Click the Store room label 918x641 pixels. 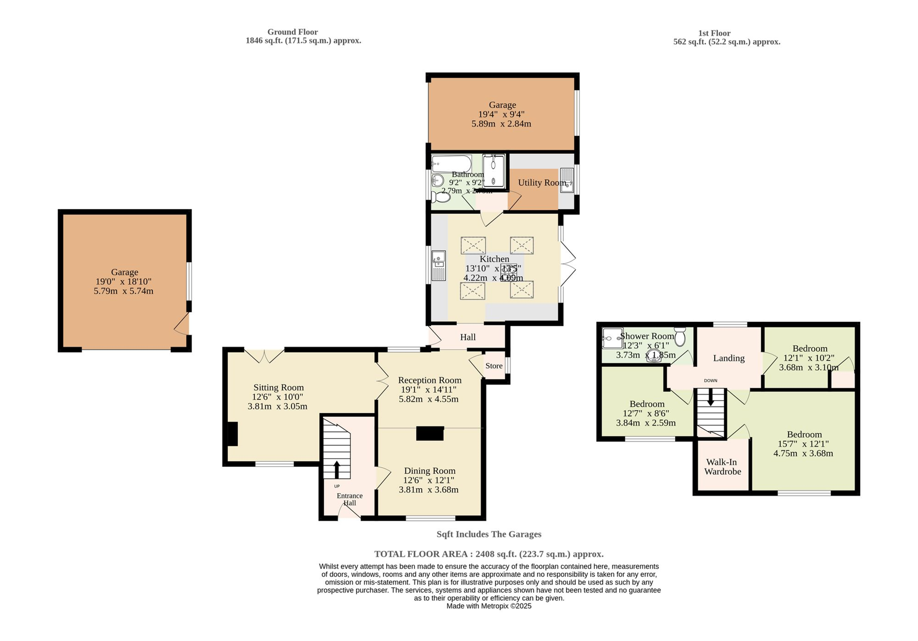494,366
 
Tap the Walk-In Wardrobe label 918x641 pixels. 722,467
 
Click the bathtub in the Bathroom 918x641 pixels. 451,163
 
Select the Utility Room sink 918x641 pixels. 567,180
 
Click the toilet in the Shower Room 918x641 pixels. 680,336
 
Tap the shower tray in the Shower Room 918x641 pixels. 612,338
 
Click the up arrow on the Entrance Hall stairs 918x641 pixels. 337,469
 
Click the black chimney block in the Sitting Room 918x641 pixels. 232,434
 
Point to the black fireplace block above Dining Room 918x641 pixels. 430,433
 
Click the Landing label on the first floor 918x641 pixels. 729,358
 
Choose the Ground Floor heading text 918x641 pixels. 292,32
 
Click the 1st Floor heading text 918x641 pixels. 714,33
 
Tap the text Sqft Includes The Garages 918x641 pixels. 489,534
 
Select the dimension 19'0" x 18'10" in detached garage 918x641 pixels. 123,282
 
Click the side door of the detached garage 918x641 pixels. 183,324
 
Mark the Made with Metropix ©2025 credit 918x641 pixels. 489,606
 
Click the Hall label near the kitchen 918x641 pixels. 468,337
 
